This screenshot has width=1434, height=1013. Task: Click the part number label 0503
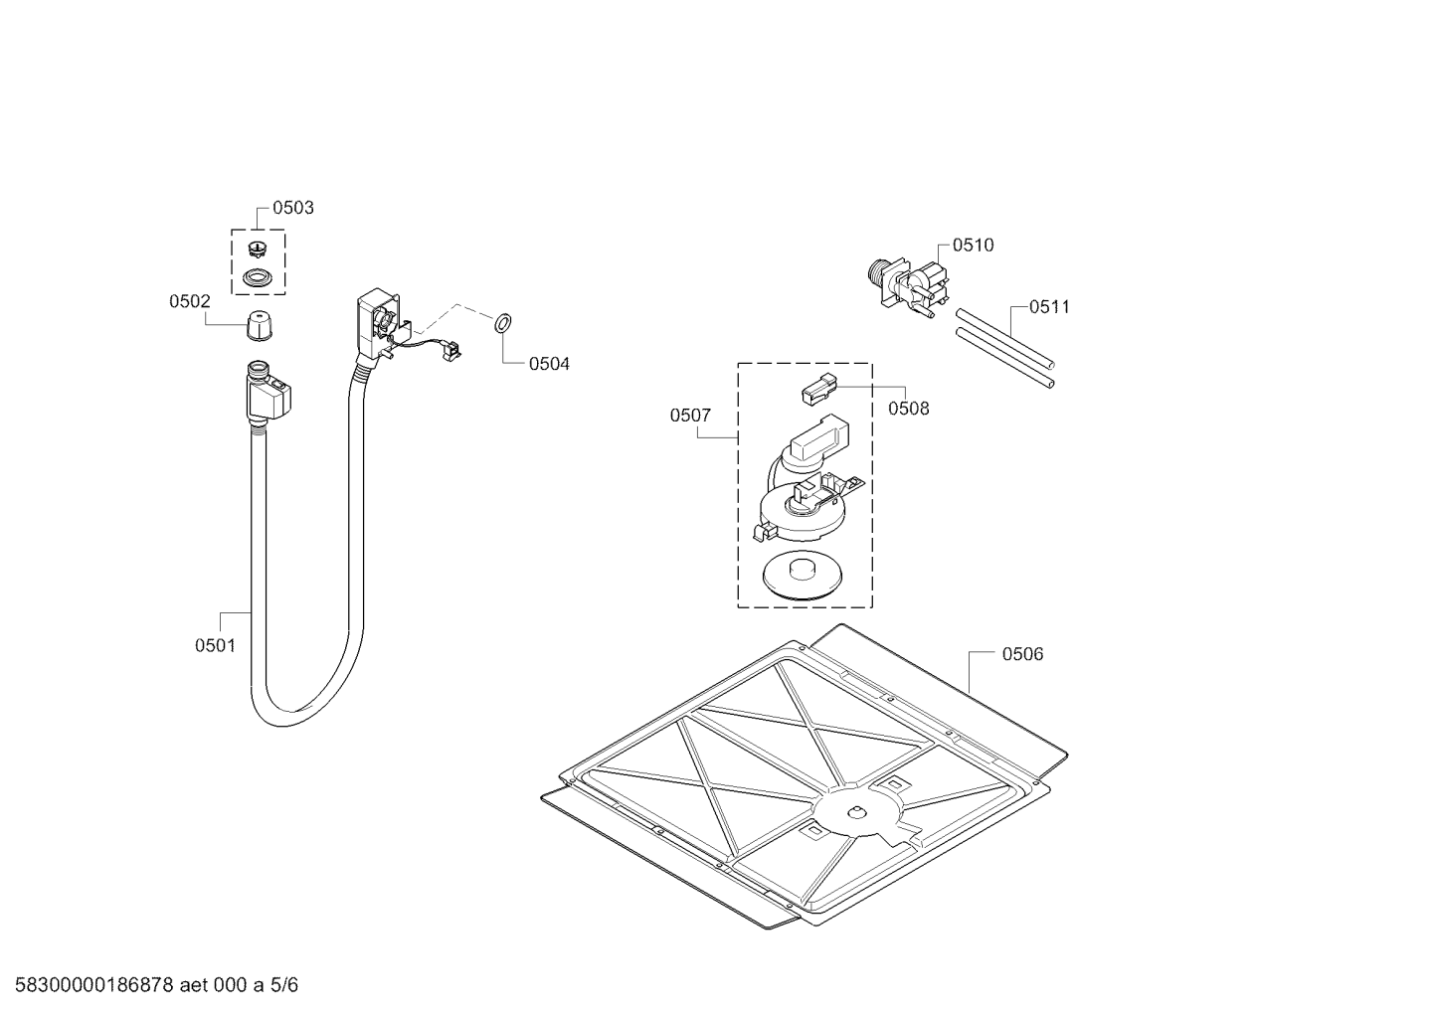coord(292,208)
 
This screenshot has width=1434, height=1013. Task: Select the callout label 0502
coord(189,301)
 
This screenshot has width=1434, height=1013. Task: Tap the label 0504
coord(549,364)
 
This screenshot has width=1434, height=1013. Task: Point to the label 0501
coord(215,645)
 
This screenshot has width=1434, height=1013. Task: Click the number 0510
coord(973,246)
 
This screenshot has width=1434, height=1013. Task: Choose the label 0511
coord(1049,307)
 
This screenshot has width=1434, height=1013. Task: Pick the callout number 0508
coord(908,408)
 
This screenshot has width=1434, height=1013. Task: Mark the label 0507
coord(690,416)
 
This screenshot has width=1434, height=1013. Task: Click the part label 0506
coord(1022,654)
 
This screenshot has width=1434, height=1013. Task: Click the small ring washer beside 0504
coord(502,323)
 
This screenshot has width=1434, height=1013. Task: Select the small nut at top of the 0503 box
coord(259,249)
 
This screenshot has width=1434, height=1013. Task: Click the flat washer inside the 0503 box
coord(259,277)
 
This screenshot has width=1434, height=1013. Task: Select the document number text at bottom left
coord(150,985)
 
